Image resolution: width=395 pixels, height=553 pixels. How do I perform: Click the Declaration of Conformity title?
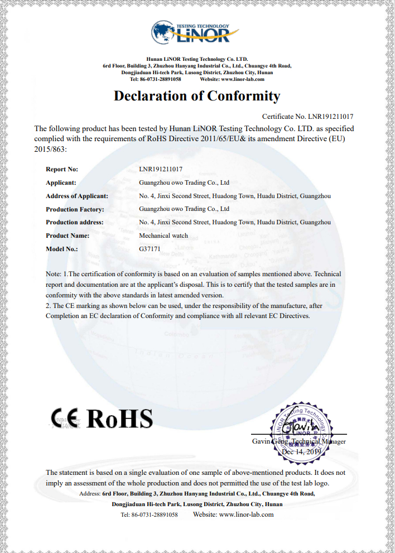[197, 96]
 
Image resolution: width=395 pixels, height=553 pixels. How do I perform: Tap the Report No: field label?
[62, 169]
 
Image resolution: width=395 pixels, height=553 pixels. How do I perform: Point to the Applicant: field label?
[61, 182]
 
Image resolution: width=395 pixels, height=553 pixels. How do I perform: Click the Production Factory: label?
[75, 209]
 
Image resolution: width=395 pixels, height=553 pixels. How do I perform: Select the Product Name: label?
[68, 235]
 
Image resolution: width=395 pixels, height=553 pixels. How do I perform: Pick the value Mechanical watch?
[163, 235]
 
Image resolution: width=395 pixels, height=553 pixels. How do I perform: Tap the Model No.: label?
[62, 249]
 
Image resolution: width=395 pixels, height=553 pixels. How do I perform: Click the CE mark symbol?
[66, 418]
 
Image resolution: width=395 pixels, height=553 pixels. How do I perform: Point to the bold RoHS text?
[120, 418]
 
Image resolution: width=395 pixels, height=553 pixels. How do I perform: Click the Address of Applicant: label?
[77, 196]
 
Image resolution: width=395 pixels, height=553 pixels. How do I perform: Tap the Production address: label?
[75, 222]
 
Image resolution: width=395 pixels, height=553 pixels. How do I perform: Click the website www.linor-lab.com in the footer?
[246, 514]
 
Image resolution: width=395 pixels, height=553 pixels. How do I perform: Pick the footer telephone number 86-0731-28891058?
[156, 514]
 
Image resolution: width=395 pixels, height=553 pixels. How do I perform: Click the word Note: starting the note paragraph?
[54, 274]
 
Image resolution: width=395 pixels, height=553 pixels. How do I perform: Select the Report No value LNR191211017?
[161, 169]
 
